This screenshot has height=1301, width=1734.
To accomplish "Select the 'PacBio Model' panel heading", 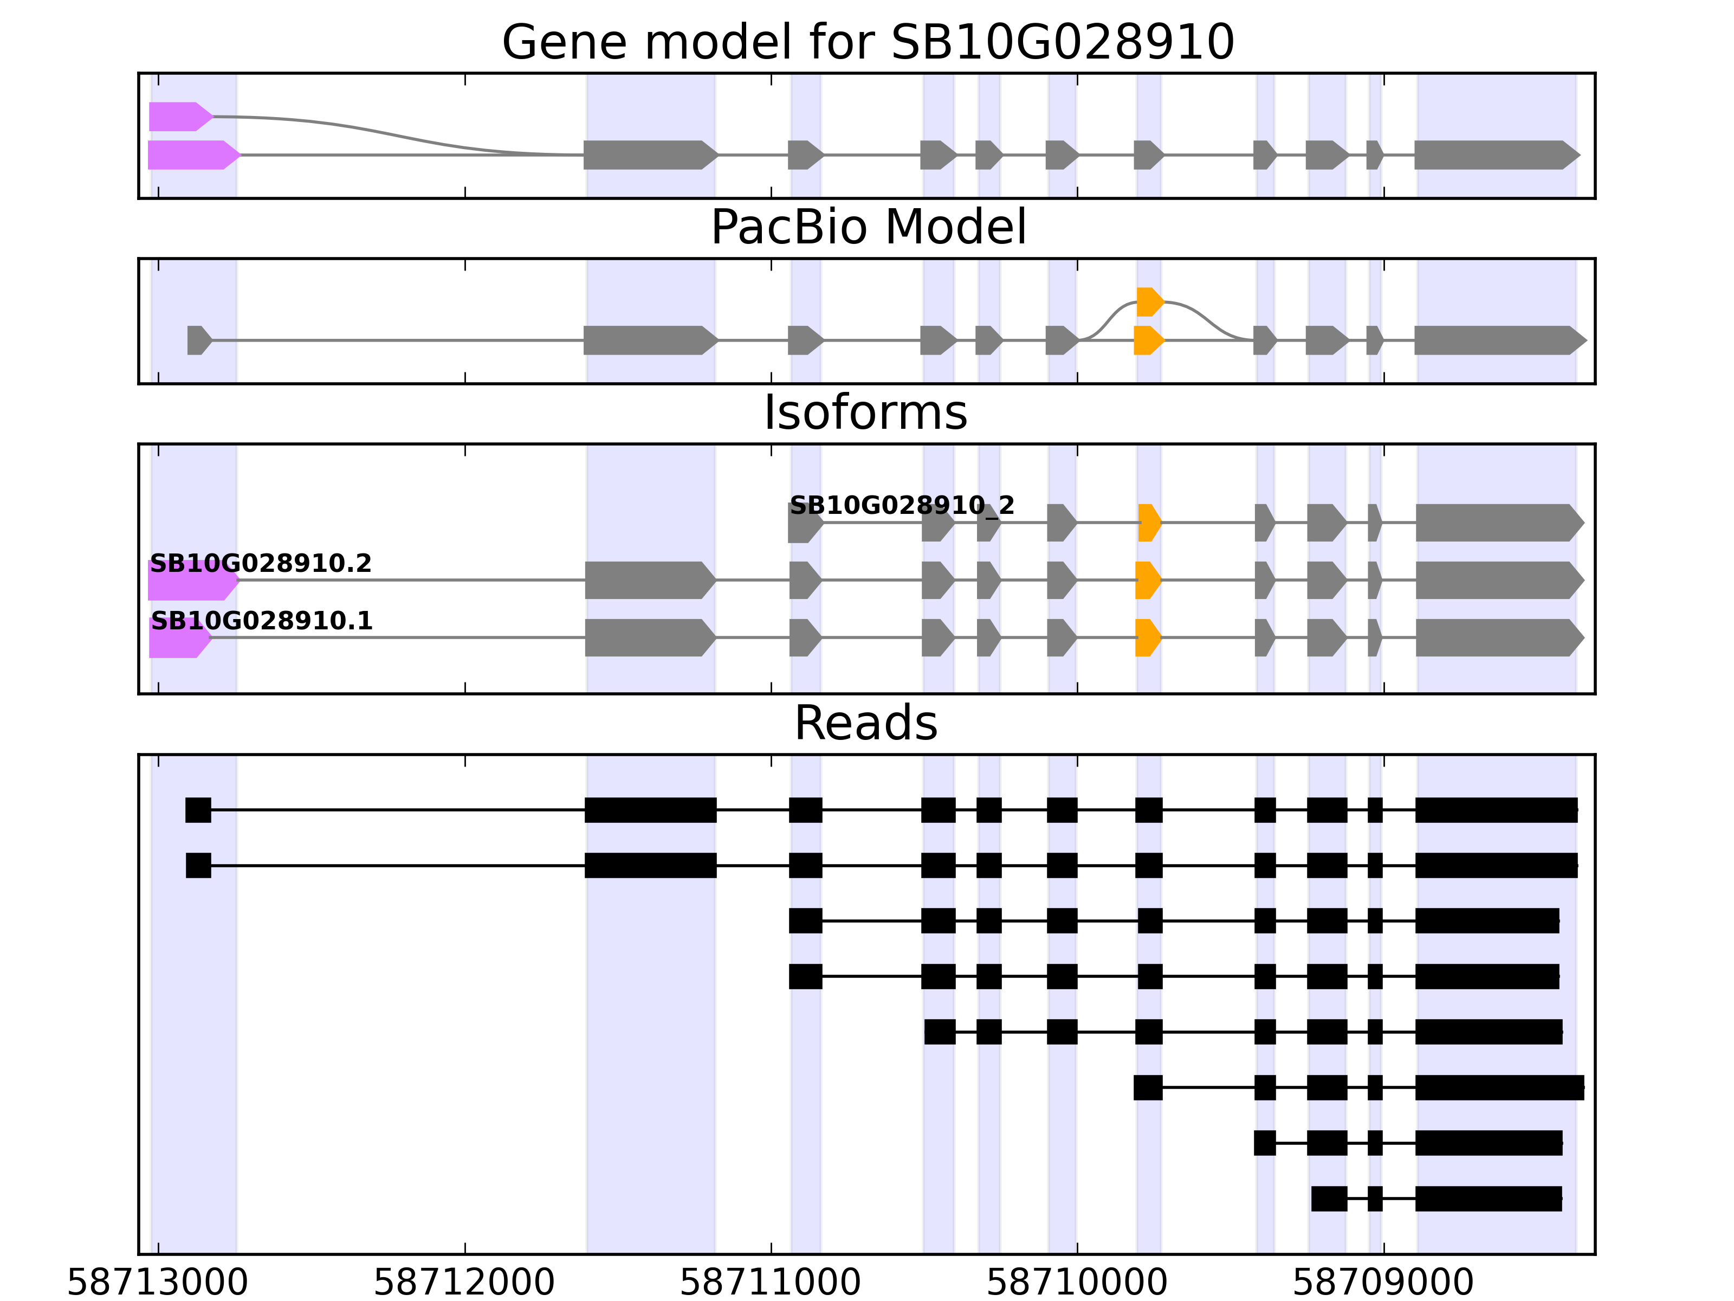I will point(868,228).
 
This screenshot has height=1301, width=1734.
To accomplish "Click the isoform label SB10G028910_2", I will point(902,505).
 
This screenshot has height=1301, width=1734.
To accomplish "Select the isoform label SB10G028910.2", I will point(260,563).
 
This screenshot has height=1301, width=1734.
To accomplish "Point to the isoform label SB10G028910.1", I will point(261,621).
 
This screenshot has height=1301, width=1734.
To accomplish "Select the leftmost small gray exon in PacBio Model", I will point(199,340).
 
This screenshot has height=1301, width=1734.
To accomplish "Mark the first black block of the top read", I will point(198,810).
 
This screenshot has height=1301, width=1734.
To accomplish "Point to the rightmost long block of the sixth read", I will point(1499,1088).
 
